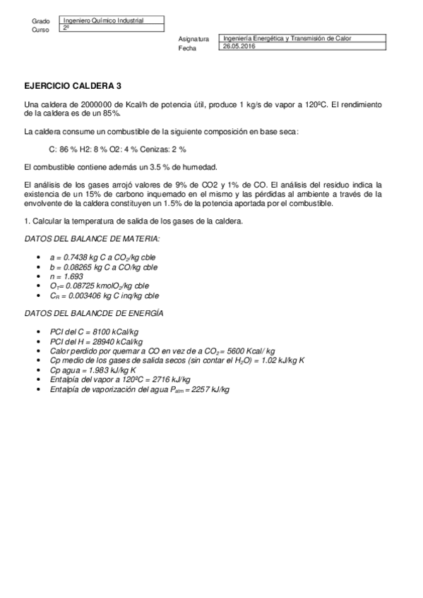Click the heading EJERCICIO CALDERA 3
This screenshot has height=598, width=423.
pyautogui.click(x=73, y=85)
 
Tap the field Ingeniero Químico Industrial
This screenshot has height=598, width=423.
pyautogui.click(x=103, y=21)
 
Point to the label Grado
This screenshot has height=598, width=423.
pyautogui.click(x=41, y=22)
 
